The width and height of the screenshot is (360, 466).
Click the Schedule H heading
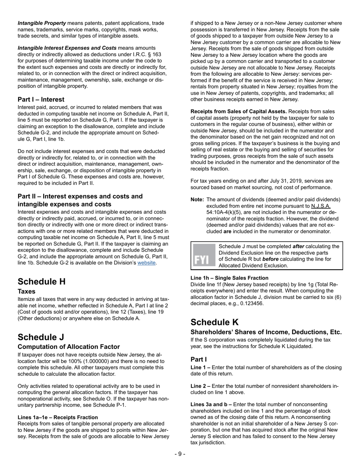42,281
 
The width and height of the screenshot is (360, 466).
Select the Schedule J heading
41,337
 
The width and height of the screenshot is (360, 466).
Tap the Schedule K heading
215,322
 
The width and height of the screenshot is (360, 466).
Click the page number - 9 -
180,454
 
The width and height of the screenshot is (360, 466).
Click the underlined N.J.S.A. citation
321,206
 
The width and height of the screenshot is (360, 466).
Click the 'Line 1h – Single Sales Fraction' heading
229,278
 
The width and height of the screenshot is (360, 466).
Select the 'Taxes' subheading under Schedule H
27,291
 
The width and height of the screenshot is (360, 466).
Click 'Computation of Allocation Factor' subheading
69,347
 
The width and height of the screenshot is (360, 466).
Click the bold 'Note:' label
197,200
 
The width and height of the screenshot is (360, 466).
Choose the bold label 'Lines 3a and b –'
211,405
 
